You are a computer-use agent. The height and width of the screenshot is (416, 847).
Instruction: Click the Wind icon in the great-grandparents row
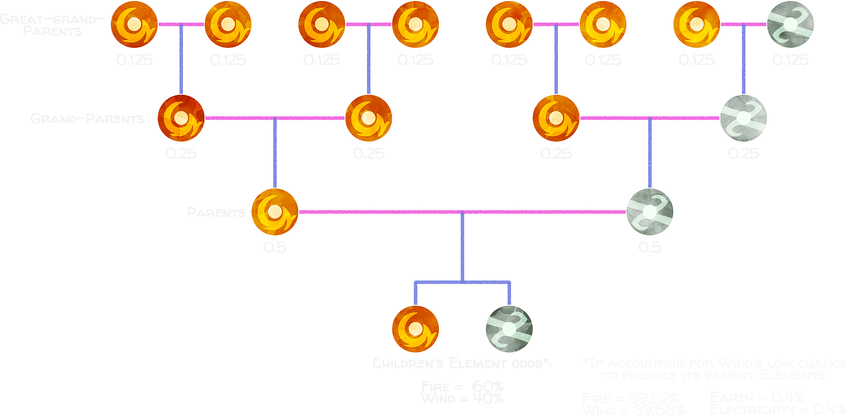[x=791, y=25]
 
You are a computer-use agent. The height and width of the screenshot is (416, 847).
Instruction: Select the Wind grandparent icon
[x=744, y=119]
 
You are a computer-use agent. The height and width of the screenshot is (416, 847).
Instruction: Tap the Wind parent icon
[x=650, y=212]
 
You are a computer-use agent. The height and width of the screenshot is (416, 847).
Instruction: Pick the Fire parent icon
[x=274, y=212]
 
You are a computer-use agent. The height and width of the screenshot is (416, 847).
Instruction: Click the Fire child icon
[x=416, y=329]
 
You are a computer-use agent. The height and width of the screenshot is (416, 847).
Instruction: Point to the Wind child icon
[x=509, y=329]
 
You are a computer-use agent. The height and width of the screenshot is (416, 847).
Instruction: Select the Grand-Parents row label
[x=88, y=119]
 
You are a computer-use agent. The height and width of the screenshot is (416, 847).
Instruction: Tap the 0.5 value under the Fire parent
[x=274, y=247]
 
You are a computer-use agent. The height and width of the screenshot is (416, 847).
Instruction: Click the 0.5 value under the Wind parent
[x=650, y=247]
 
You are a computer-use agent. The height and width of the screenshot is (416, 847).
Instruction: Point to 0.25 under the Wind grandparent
[x=744, y=154]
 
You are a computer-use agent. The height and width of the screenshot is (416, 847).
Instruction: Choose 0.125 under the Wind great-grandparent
[x=791, y=60]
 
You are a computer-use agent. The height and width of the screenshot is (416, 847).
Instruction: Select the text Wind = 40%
[x=462, y=399]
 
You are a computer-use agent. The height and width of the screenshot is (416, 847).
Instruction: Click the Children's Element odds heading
[x=462, y=364]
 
